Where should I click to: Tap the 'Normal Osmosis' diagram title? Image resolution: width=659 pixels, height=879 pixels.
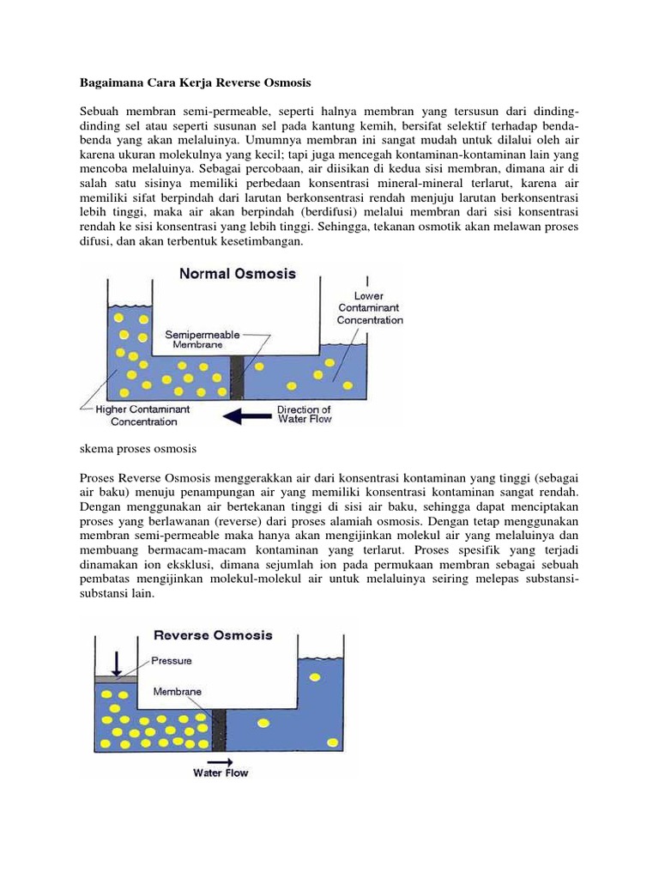(x=238, y=275)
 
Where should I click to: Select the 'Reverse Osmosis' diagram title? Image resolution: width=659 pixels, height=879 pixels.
(x=214, y=635)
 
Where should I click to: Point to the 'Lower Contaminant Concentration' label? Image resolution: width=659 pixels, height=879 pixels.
(x=369, y=307)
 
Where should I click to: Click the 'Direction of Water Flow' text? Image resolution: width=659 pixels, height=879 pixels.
(x=304, y=415)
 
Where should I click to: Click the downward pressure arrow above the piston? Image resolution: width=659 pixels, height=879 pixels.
(x=117, y=662)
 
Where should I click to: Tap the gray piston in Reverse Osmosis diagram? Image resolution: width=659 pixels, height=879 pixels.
(x=116, y=679)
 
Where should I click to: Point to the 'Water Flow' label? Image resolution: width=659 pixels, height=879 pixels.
(x=221, y=773)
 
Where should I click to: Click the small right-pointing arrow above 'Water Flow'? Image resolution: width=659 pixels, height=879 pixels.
(x=220, y=761)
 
